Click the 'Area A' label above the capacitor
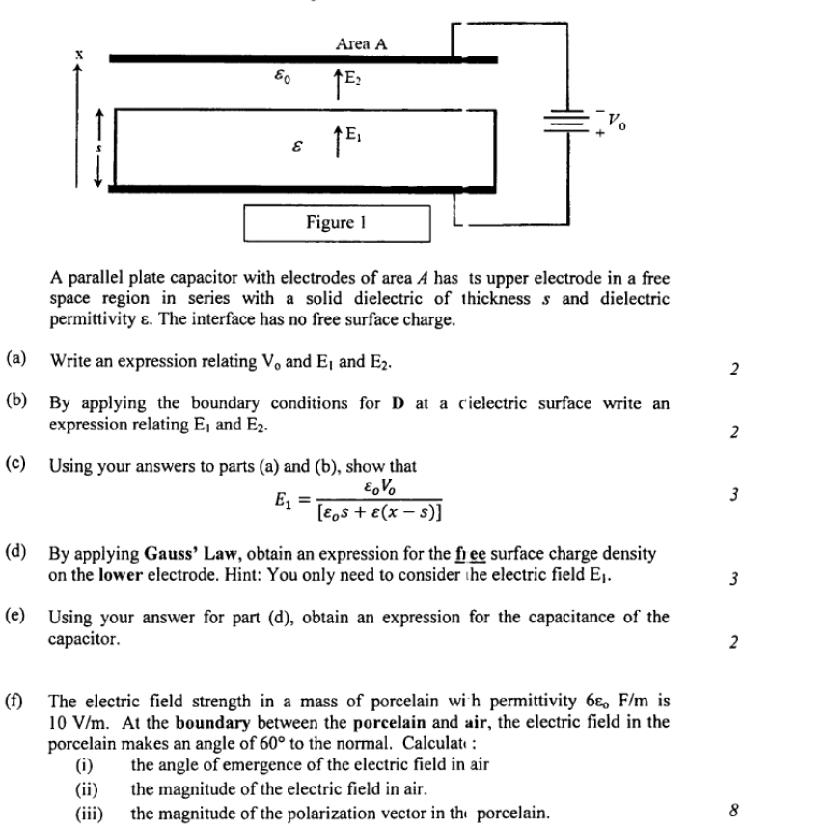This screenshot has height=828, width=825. (x=362, y=43)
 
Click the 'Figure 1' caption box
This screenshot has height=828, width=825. (x=330, y=222)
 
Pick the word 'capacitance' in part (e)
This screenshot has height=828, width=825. (x=526, y=618)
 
